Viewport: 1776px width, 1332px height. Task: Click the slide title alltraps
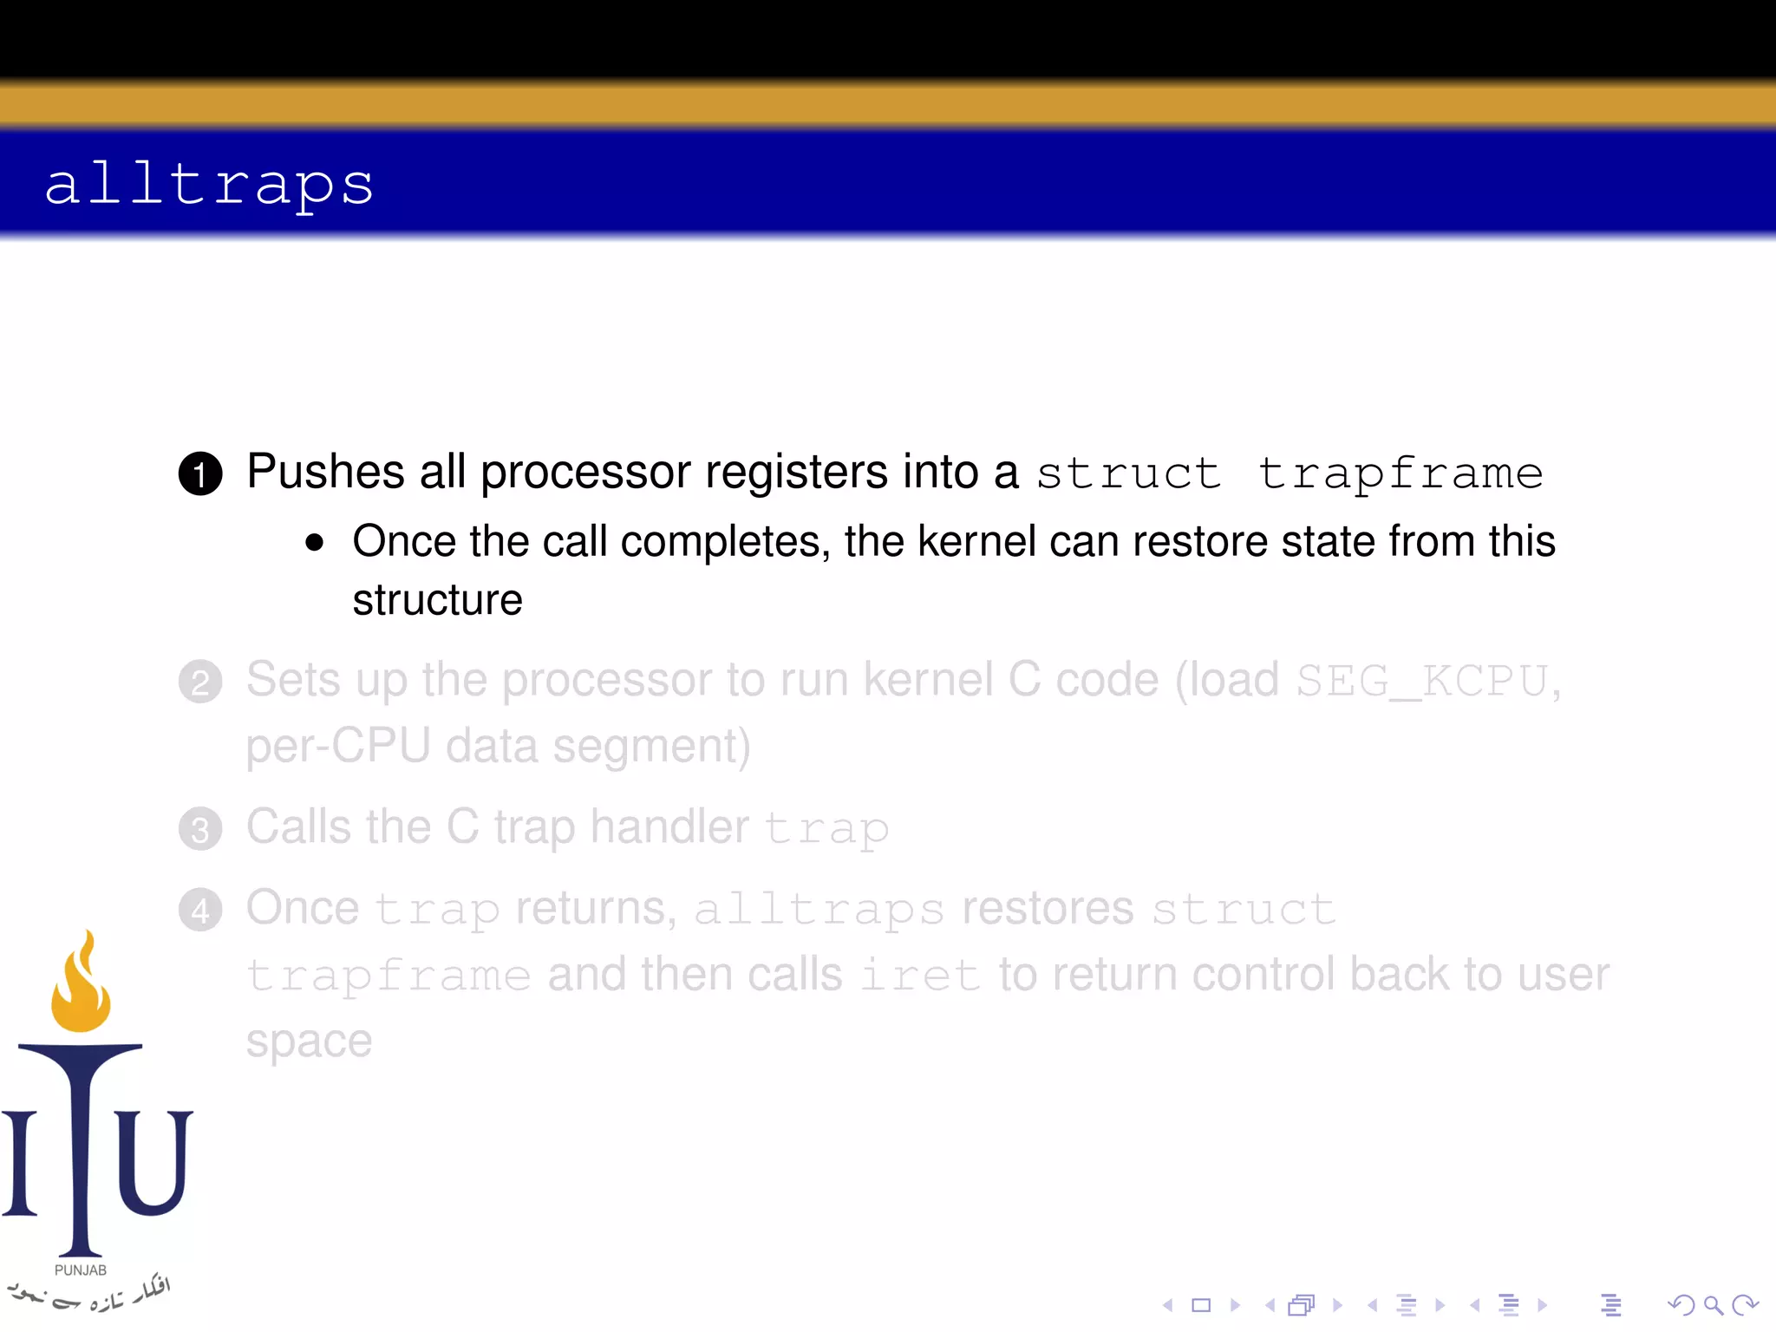click(x=209, y=184)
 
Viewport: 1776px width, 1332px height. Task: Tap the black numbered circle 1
click(x=200, y=473)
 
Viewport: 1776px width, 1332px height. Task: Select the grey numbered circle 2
click(x=200, y=682)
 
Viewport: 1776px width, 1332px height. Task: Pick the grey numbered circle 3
click(x=200, y=829)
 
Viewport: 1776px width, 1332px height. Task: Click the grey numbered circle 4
click(x=200, y=911)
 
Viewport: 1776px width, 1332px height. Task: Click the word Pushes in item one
click(x=326, y=472)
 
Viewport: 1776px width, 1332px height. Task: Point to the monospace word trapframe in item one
click(x=1400, y=473)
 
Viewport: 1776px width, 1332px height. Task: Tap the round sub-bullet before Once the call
click(x=314, y=544)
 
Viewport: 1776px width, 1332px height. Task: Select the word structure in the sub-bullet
click(x=437, y=600)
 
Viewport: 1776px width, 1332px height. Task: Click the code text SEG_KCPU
click(x=1422, y=681)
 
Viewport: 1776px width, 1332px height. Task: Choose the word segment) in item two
click(x=651, y=746)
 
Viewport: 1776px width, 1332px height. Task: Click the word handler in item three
click(x=669, y=826)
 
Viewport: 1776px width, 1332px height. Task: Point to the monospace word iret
click(x=920, y=975)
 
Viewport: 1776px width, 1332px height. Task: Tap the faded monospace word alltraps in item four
click(x=819, y=910)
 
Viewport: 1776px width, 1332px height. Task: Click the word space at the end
click(x=309, y=1041)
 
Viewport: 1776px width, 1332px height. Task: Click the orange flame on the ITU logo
click(x=81, y=984)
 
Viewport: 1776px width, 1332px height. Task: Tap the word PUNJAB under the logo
click(x=81, y=1270)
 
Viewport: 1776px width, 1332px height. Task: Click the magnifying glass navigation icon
click(x=1713, y=1305)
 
